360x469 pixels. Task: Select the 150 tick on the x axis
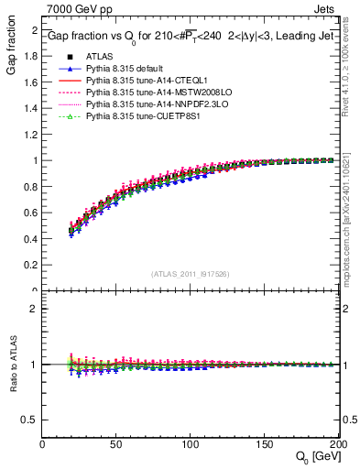(264, 445)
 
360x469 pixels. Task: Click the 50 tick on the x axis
(116, 445)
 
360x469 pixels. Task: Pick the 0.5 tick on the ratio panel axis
(31, 420)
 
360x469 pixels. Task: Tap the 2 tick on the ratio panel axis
(35, 309)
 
